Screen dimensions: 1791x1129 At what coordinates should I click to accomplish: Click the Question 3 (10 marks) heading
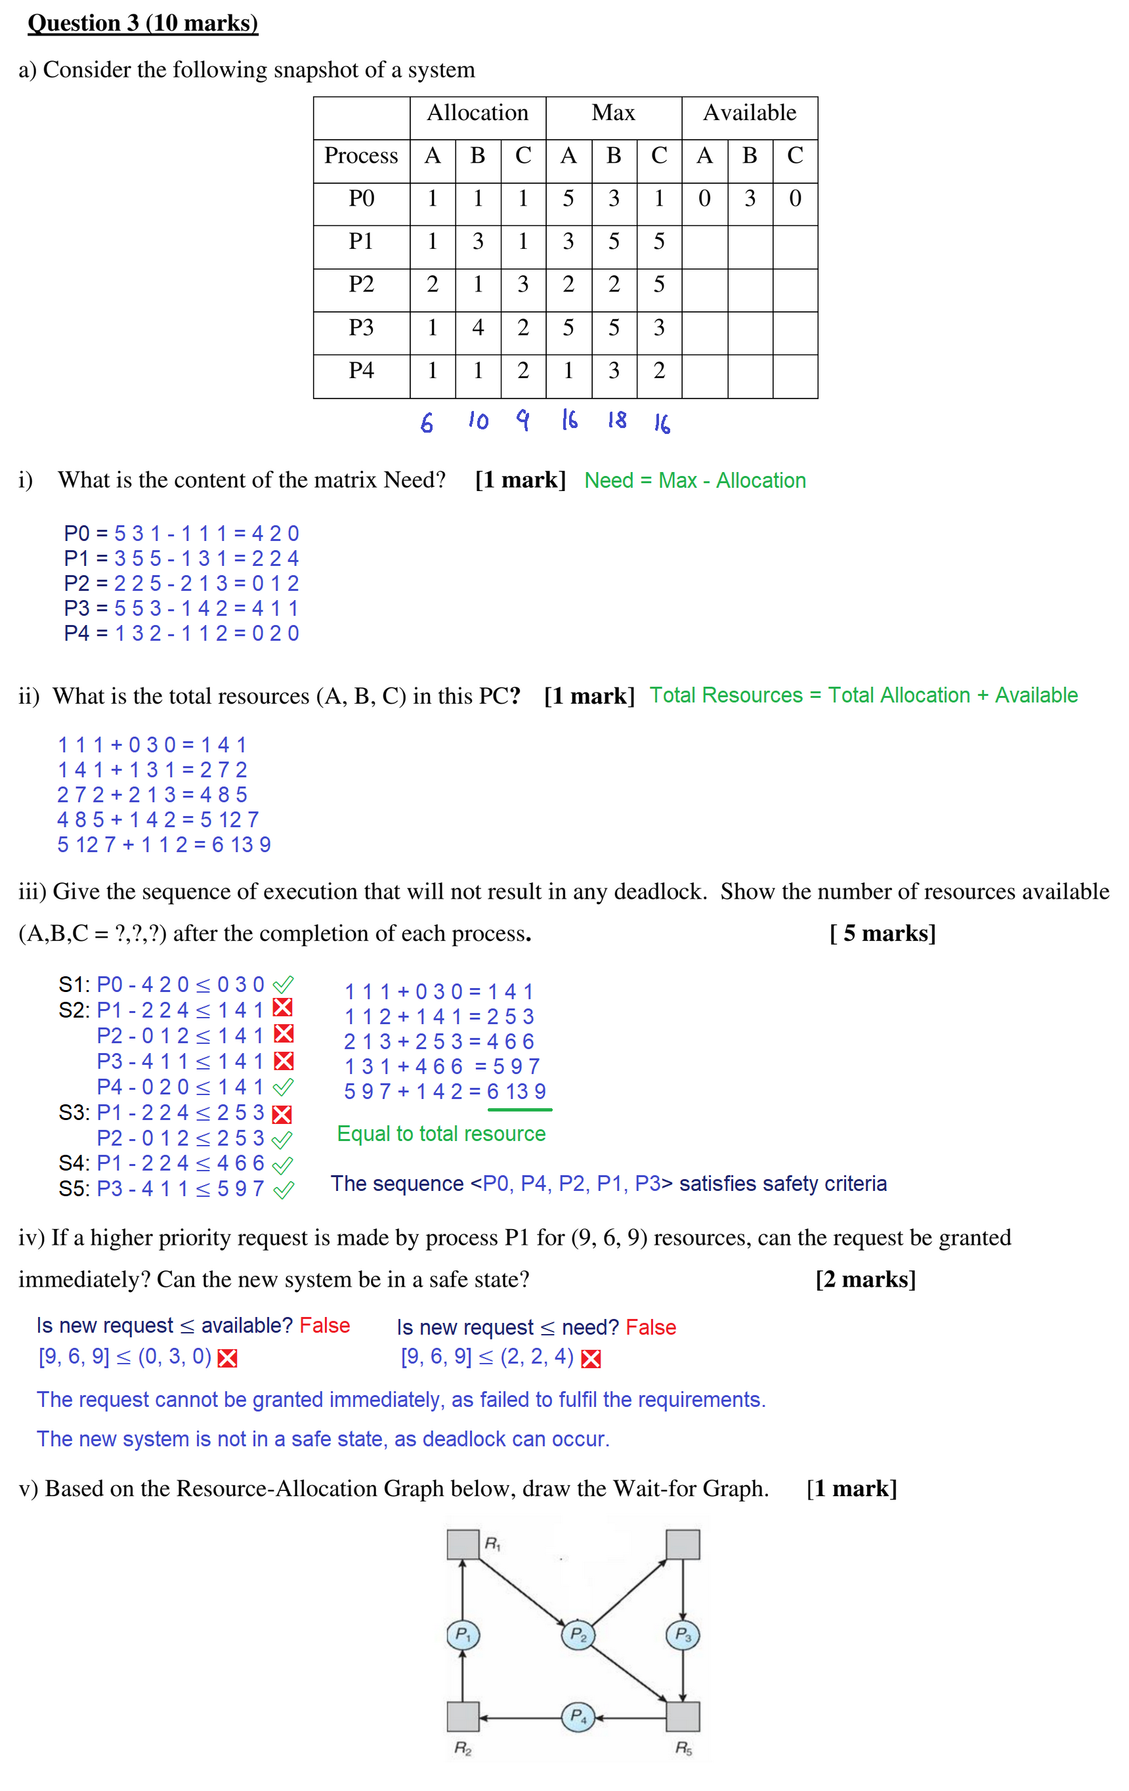point(143,23)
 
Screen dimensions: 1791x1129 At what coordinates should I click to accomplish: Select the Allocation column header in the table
point(477,113)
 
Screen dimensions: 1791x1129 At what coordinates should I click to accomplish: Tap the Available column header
point(750,113)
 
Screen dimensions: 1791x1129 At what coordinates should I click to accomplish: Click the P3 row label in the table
point(362,327)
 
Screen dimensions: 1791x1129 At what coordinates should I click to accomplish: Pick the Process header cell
point(362,156)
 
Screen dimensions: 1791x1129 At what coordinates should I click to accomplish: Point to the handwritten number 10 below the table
point(479,421)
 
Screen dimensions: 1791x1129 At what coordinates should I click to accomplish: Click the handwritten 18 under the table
point(616,420)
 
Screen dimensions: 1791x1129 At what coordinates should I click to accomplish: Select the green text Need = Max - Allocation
point(694,481)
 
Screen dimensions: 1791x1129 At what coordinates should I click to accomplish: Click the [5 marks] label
point(882,933)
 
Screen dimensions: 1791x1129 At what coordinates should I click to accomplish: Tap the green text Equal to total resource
point(441,1134)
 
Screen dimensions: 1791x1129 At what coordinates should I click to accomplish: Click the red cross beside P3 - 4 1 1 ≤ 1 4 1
point(284,1061)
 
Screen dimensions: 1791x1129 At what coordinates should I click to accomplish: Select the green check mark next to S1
point(284,984)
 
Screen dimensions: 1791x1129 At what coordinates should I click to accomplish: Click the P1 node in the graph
point(463,1635)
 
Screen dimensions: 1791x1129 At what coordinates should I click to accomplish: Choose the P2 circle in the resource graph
point(578,1635)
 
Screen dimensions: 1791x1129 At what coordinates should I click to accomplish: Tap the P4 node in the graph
point(578,1717)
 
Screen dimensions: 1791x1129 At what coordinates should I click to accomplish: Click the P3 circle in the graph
point(683,1635)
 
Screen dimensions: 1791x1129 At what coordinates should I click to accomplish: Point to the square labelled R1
point(463,1544)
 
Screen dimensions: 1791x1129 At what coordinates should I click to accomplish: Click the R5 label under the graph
point(683,1748)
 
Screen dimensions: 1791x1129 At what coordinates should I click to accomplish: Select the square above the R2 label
point(463,1717)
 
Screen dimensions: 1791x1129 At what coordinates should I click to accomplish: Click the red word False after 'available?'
point(324,1326)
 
